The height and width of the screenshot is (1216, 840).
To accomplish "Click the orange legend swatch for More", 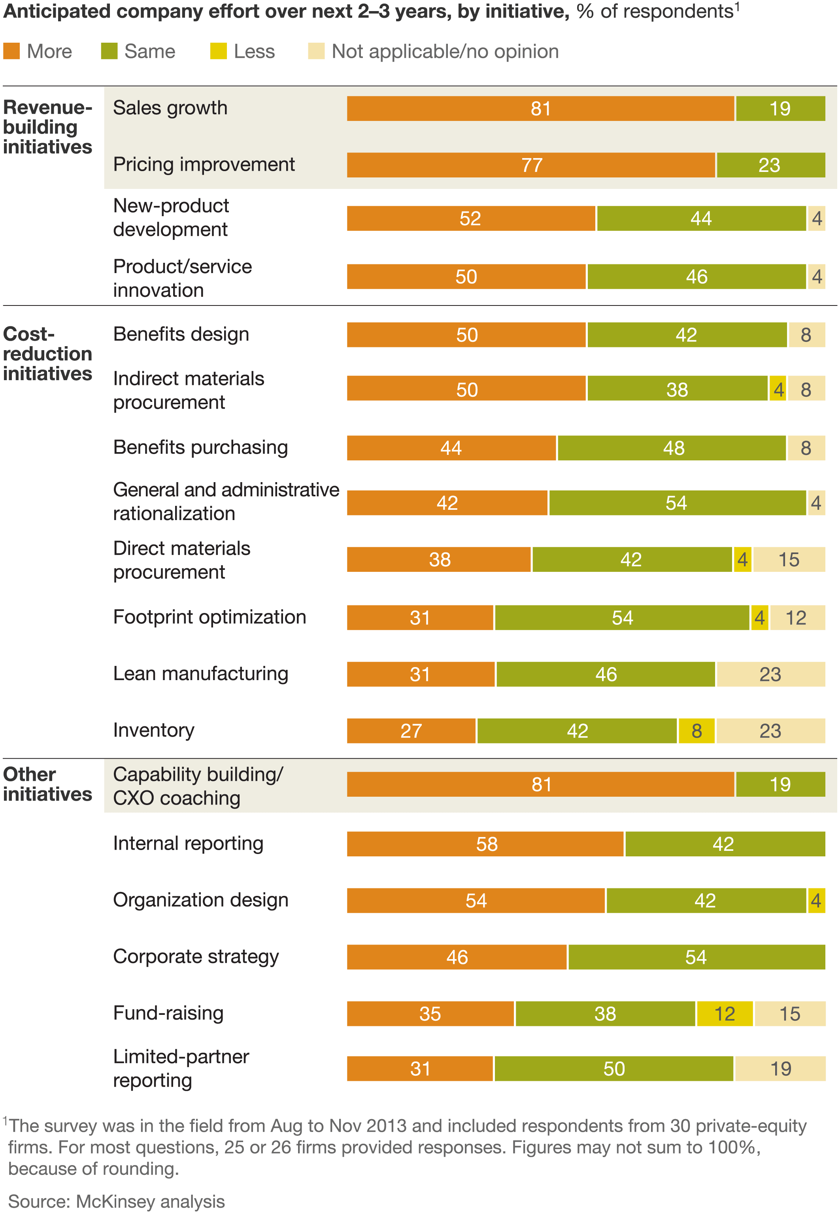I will pos(11,51).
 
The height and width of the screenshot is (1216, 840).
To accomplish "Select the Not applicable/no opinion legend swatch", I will pos(316,51).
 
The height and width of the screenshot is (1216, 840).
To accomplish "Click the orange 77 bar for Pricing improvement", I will pos(530,165).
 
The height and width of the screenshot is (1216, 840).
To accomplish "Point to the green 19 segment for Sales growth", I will pos(780,108).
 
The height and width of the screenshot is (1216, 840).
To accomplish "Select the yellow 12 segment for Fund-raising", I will pos(724,1013).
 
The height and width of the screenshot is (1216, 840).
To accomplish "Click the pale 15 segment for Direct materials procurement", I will pos(789,559).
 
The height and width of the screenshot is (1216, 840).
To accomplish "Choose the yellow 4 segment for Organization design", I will pos(816,900).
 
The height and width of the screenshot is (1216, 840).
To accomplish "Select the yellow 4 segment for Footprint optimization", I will pos(759,617).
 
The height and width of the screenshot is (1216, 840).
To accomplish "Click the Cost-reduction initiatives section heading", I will pos(47,354).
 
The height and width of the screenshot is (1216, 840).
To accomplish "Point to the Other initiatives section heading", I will pos(47,784).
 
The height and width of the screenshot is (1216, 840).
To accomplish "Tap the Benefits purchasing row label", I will pos(200,447).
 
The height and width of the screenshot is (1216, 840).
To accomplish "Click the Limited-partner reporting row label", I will pos(181,1068).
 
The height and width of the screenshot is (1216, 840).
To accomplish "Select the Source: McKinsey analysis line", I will pos(116,1201).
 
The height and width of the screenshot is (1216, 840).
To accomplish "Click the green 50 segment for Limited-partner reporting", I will pos(613,1068).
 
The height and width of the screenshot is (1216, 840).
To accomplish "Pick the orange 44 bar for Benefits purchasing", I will pos(451,448).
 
